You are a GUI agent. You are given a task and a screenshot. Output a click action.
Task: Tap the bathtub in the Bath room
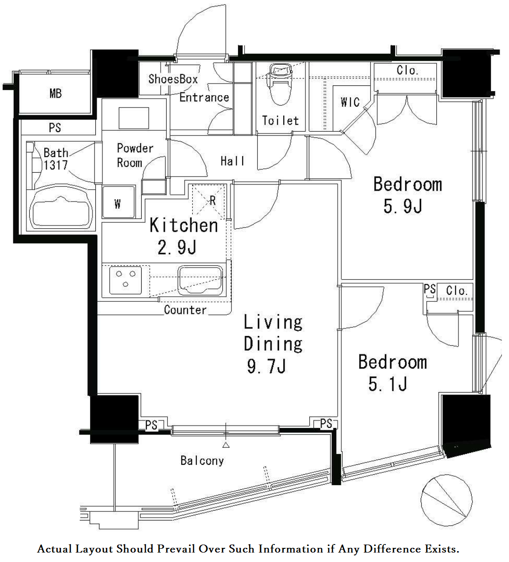pyautogui.click(x=60, y=210)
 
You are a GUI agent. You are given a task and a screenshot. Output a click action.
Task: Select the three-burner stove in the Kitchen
pyautogui.click(x=126, y=279)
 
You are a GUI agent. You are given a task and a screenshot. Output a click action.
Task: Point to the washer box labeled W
pyautogui.click(x=118, y=203)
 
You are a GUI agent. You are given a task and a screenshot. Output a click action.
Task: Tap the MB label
pyautogui.click(x=55, y=93)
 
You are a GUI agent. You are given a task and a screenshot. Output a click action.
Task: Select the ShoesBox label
pyautogui.click(x=173, y=79)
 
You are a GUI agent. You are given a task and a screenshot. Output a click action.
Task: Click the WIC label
pyautogui.click(x=350, y=102)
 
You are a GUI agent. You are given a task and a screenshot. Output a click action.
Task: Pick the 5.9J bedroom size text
pyautogui.click(x=402, y=207)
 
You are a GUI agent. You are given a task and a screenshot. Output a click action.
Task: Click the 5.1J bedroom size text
pyautogui.click(x=388, y=385)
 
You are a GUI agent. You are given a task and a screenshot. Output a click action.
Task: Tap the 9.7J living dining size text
pyautogui.click(x=266, y=366)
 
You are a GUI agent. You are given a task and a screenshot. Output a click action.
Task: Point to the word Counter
pyautogui.click(x=185, y=310)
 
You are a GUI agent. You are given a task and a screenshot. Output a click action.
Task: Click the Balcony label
pyautogui.click(x=202, y=461)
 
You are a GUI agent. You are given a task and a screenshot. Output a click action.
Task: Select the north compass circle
pyautogui.click(x=446, y=500)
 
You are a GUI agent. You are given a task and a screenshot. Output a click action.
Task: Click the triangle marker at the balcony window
pyautogui.click(x=226, y=445)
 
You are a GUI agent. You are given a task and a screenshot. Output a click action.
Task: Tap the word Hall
pyautogui.click(x=233, y=161)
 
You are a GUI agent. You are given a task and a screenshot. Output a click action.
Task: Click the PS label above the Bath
pyautogui.click(x=55, y=128)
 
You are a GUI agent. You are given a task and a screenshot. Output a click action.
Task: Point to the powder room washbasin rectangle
pyautogui.click(x=134, y=118)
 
